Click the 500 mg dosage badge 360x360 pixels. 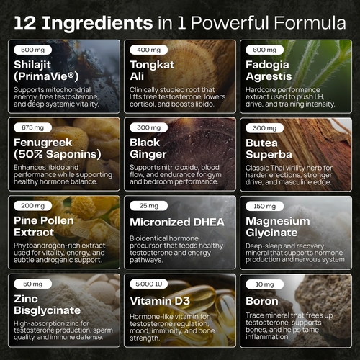[32, 50]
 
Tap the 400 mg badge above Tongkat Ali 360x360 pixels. [148, 50]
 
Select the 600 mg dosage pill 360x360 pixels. [264, 50]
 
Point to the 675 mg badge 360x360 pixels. [32, 127]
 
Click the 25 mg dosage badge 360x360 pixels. [148, 206]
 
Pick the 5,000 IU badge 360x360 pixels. [148, 284]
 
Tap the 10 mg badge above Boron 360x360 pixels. [264, 284]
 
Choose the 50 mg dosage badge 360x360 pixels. [32, 284]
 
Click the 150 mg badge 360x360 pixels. [264, 206]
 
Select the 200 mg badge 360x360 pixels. [32, 206]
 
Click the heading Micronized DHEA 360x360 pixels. [177, 222]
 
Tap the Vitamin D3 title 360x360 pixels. [160, 301]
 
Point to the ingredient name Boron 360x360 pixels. [262, 301]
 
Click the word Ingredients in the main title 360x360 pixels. [97, 23]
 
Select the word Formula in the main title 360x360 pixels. [310, 23]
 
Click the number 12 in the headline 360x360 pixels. [25, 23]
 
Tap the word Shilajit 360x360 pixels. [32, 65]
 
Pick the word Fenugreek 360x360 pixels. [42, 143]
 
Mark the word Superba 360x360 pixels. [269, 155]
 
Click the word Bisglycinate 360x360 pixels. [47, 310]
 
